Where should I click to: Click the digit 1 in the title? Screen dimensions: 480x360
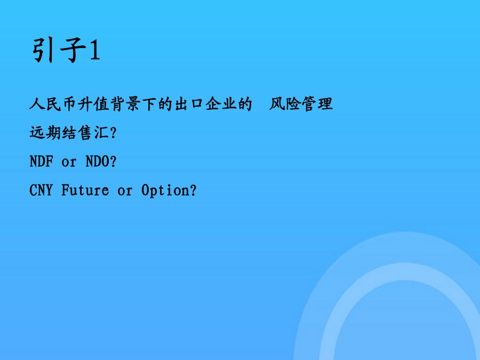click(94, 50)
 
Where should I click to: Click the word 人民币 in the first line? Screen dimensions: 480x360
click(52, 104)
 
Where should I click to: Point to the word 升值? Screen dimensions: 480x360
click(93, 104)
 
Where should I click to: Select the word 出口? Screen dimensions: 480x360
click(189, 104)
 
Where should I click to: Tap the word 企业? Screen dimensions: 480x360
click(221, 104)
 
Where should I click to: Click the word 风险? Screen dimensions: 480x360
click(284, 104)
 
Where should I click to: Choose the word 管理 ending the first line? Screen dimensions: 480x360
click(317, 104)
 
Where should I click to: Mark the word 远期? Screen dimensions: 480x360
click(45, 133)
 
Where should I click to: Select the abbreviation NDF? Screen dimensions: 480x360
click(41, 161)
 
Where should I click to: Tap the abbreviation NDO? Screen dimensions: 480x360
click(97, 161)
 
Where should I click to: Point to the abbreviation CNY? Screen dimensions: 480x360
click(41, 190)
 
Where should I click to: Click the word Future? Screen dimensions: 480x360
click(85, 190)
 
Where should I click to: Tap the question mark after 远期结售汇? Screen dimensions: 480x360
click(113, 133)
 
